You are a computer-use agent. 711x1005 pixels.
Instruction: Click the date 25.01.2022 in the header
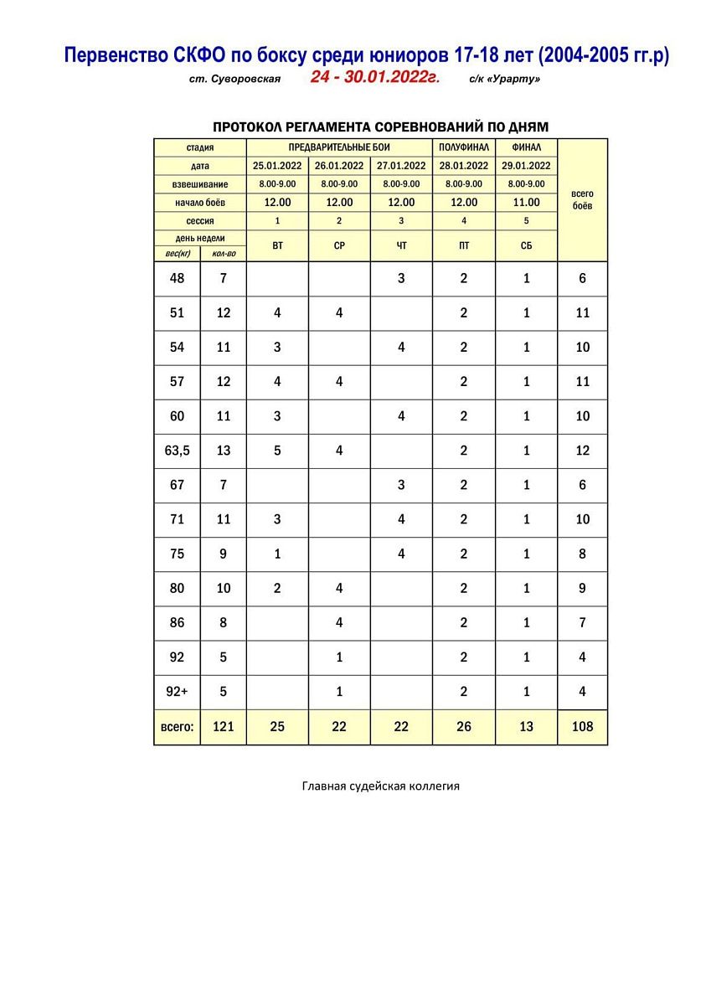[277, 166]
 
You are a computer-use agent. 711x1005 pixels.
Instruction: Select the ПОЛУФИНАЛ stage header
[464, 147]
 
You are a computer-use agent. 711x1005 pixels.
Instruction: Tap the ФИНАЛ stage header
[526, 147]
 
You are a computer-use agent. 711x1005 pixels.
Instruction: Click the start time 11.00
[526, 202]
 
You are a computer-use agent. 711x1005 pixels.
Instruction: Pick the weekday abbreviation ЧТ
[401, 246]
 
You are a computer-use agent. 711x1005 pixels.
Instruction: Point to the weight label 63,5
[177, 451]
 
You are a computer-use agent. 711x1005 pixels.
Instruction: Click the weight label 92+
[177, 692]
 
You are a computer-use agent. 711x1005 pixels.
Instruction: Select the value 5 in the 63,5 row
[277, 451]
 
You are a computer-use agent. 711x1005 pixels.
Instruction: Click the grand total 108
[583, 727]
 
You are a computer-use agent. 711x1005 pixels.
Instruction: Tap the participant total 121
[223, 727]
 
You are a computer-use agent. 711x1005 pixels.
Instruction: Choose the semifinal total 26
[464, 727]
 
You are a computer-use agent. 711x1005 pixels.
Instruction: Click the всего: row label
[177, 727]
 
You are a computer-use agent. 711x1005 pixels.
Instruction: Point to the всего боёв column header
[582, 199]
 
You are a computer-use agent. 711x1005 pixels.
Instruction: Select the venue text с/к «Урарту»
[505, 80]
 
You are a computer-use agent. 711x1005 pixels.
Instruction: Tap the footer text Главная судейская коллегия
[381, 786]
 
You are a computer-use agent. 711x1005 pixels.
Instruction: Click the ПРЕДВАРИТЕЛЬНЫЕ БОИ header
[339, 147]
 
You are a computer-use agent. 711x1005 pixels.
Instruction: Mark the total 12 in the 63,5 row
[583, 451]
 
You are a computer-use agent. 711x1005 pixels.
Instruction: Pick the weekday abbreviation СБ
[526, 246]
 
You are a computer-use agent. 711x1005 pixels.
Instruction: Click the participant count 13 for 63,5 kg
[223, 451]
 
